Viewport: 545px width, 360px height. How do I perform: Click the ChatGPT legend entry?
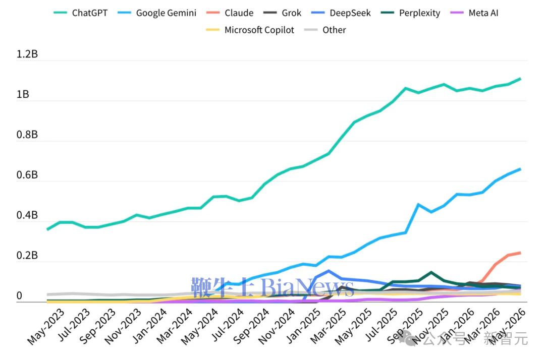[81, 13]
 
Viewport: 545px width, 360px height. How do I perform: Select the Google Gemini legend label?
[157, 13]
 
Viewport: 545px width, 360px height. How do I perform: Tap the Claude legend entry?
[230, 13]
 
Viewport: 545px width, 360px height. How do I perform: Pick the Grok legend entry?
[282, 13]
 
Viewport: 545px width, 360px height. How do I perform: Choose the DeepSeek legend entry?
[341, 13]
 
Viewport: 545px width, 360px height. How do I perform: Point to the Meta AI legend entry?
[474, 13]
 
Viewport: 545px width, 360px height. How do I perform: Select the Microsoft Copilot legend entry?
[250, 30]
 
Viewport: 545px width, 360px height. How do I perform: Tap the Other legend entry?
[325, 30]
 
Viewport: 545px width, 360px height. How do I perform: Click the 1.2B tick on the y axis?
[27, 54]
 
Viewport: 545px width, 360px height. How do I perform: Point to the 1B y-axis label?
[23, 94]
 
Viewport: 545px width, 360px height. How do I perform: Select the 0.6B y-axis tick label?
[27, 175]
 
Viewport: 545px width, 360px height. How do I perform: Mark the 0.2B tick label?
[27, 256]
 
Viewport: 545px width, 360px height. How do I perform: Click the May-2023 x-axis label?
[45, 327]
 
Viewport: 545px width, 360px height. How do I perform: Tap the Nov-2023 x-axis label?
[123, 327]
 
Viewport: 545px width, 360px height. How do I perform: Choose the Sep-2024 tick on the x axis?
[251, 326]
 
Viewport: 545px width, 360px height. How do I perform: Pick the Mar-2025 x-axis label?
[328, 326]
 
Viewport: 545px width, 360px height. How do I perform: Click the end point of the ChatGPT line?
[520, 79]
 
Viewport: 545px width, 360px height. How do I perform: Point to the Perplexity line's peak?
[431, 272]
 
